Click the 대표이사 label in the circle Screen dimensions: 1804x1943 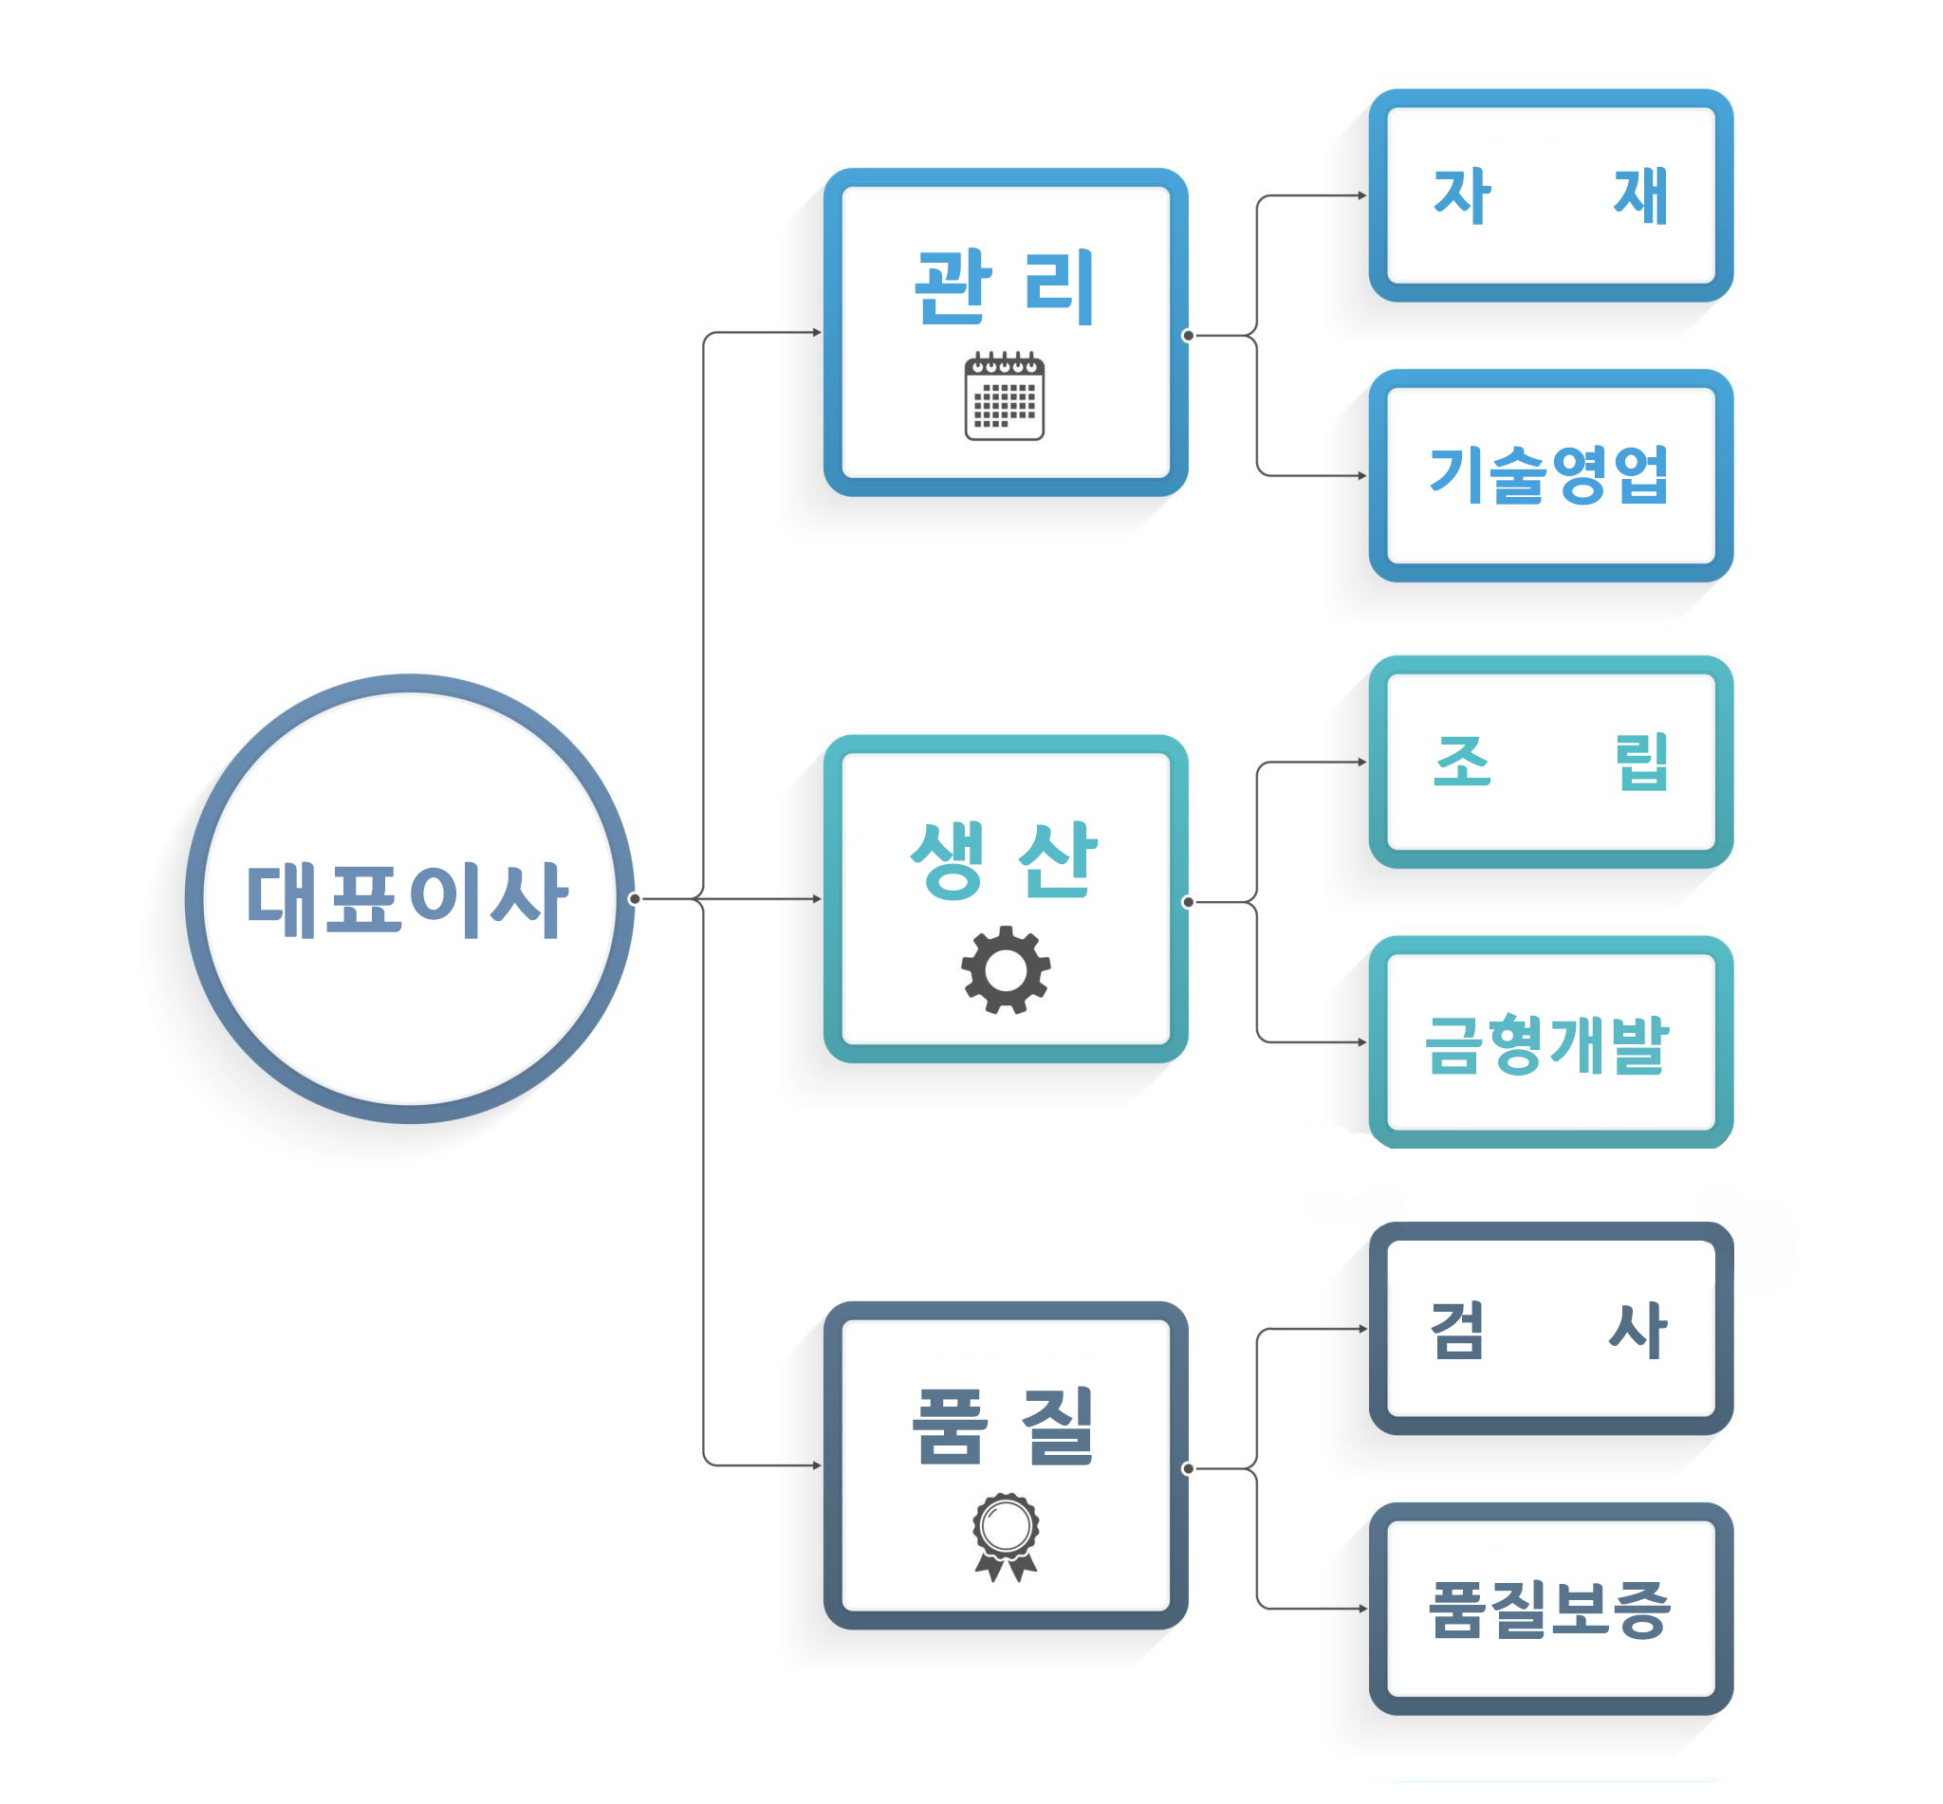tap(406, 900)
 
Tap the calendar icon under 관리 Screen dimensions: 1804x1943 tap(1005, 396)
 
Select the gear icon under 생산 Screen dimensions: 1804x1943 tap(1006, 970)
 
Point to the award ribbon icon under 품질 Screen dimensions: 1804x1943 tap(1006, 1537)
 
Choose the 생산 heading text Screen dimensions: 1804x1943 tap(1005, 859)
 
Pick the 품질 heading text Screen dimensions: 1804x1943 tap(1005, 1427)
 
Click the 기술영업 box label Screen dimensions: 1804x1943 tap(1549, 475)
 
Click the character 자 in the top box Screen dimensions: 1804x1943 tap(1462, 196)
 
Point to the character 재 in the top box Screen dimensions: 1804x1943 tap(1640, 196)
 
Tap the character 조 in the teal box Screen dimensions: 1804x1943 tap(1462, 763)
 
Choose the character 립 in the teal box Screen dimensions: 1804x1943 tap(1641, 763)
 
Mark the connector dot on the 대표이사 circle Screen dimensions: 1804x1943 tap(635, 899)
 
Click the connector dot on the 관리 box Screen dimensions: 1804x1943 tap(1188, 336)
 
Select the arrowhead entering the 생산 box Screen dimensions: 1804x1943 tap(817, 899)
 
